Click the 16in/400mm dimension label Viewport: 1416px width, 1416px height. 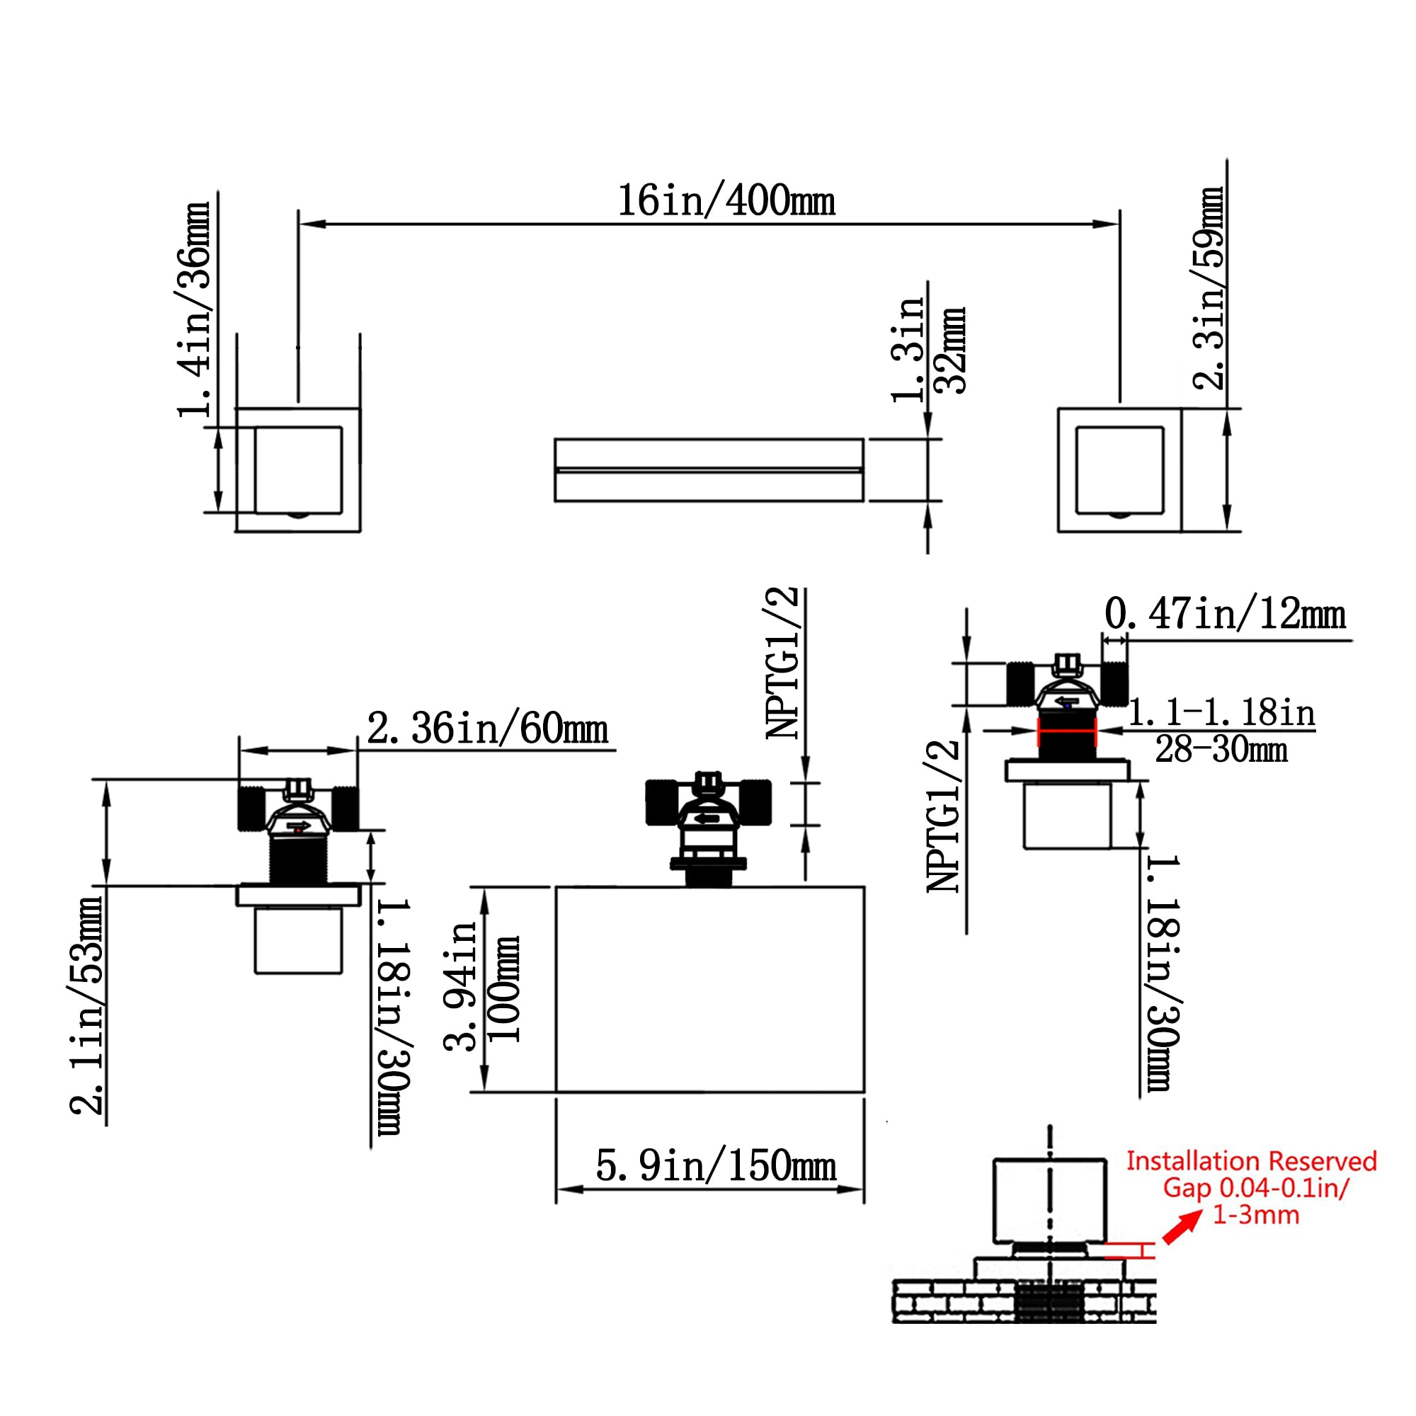[726, 201]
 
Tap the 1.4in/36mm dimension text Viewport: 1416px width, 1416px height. [195, 309]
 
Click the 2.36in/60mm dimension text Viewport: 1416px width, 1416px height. [487, 729]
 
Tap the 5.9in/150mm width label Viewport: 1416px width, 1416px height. [715, 1166]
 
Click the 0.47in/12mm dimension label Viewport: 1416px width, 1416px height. [1225, 614]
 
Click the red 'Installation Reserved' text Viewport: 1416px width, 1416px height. [1251, 1161]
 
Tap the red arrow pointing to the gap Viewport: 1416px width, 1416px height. [1182, 1228]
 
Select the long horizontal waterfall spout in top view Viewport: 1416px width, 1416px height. [709, 470]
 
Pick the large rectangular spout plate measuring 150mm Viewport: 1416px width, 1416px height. [709, 990]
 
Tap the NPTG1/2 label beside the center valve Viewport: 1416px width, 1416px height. [782, 663]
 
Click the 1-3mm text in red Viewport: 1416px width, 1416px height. [1255, 1215]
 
